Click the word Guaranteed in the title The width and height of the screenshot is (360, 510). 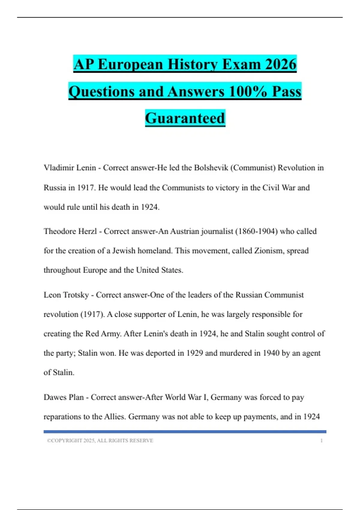tap(185, 118)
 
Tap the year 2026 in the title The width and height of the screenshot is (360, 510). tap(281, 64)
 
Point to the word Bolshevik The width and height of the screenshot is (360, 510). tap(211, 168)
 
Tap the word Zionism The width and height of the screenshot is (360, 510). tap(269, 250)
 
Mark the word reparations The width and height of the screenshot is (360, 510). tap(62, 417)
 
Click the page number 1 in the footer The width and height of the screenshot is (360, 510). tap(321, 441)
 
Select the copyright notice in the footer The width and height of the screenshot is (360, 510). tap(100, 441)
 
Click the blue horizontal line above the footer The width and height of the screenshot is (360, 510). tap(185, 432)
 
